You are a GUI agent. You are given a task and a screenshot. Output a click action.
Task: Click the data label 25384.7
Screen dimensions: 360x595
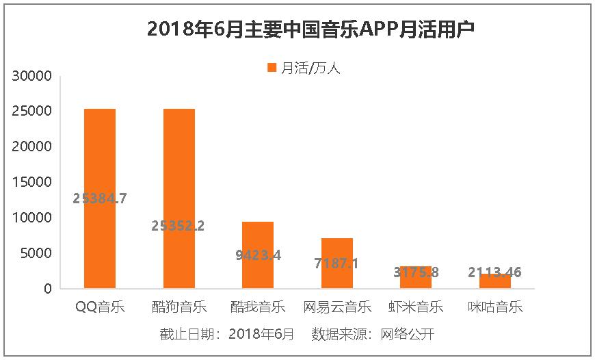100,198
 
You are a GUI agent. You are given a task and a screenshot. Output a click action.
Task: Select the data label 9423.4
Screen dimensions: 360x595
259,255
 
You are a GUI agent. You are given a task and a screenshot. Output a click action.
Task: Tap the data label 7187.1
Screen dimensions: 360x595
337,263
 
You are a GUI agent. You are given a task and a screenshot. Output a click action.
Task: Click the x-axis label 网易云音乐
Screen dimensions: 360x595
337,307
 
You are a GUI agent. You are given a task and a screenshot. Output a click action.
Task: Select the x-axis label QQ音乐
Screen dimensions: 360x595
100,307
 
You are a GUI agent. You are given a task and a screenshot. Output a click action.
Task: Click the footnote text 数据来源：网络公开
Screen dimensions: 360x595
373,334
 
